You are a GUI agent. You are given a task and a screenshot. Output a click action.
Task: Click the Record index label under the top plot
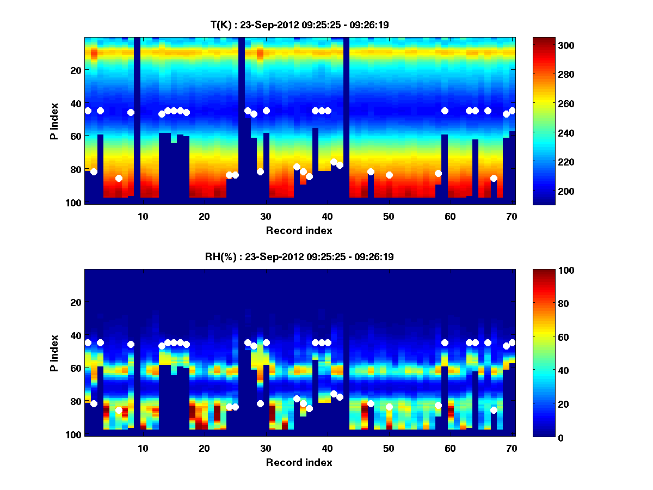tap(299, 230)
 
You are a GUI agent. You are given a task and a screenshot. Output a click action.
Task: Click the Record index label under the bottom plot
tap(299, 462)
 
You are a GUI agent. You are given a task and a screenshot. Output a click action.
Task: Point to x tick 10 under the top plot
tap(143, 216)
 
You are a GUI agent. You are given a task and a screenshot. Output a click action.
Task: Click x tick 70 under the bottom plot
tap(512, 448)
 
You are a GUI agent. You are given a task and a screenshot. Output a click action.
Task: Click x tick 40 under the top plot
tap(327, 216)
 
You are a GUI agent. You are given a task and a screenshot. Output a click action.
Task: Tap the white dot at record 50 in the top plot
tap(389, 175)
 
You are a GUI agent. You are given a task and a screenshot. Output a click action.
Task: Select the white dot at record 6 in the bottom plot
tap(119, 410)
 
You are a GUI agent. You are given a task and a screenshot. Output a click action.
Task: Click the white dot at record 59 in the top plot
tap(445, 111)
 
